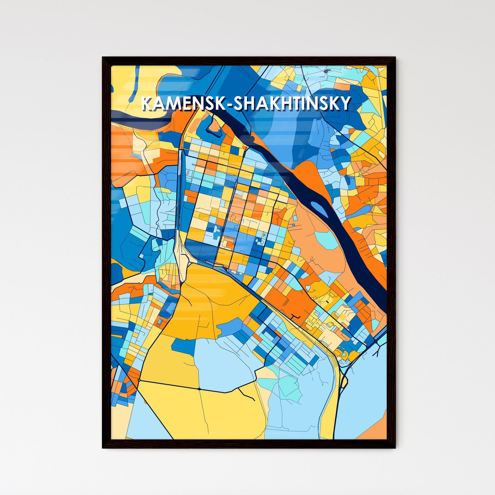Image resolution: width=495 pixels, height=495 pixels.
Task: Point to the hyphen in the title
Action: (230, 104)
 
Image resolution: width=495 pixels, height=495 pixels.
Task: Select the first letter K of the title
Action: (146, 103)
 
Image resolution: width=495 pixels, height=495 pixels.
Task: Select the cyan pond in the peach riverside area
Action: (326, 240)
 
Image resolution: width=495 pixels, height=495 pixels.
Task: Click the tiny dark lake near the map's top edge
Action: (326, 71)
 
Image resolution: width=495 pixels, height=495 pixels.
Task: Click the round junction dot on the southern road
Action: (199, 389)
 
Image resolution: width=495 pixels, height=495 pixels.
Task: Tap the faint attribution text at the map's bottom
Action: (245, 433)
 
